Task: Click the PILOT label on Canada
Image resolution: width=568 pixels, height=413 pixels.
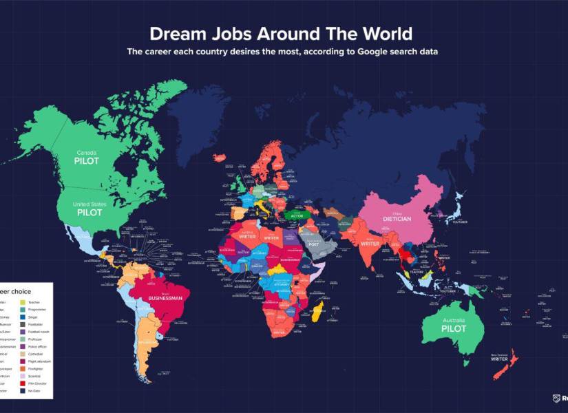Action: (87, 160)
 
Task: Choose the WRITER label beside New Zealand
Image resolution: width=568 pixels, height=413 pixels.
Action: (499, 359)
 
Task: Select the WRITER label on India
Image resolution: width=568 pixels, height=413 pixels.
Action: (370, 243)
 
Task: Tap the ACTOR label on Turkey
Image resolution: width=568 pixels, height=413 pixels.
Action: (297, 216)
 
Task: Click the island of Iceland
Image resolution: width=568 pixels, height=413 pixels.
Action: (220, 158)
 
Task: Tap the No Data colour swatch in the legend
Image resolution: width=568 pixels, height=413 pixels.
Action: (23, 390)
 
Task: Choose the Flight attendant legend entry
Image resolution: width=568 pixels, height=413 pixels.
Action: (41, 361)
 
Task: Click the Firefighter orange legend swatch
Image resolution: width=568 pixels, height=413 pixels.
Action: (23, 370)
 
